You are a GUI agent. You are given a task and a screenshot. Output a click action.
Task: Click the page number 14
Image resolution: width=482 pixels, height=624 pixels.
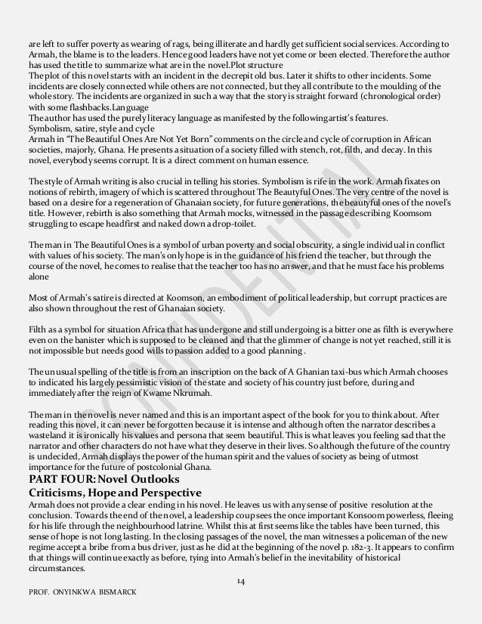[x=241, y=581]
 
